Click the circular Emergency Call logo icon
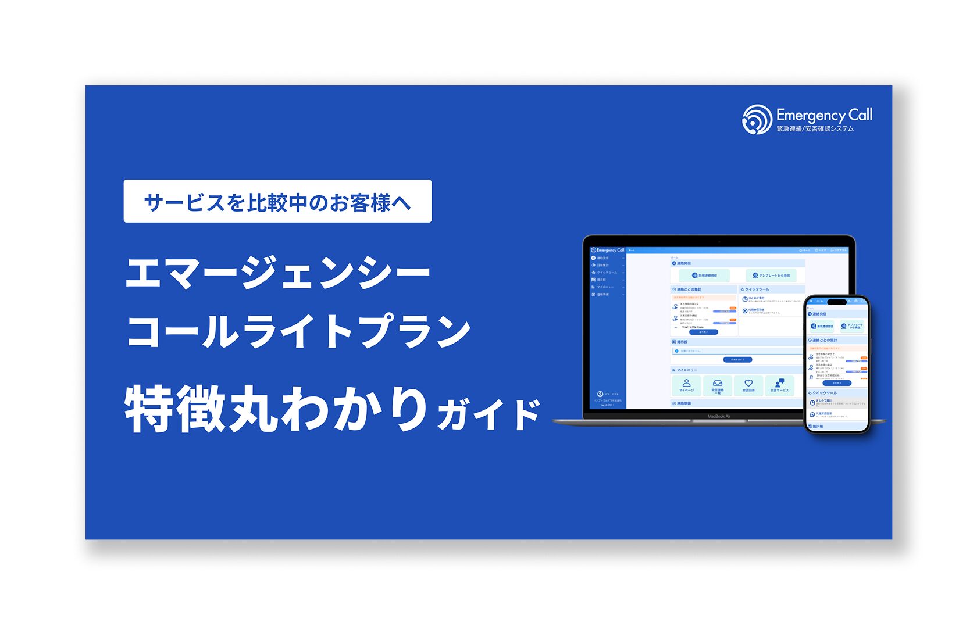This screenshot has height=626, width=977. pyautogui.click(x=757, y=120)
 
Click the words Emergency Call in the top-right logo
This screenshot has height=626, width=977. pyautogui.click(x=824, y=115)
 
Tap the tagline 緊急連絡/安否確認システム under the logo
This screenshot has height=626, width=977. pyautogui.click(x=815, y=129)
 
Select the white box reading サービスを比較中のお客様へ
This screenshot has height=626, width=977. pyautogui.click(x=277, y=201)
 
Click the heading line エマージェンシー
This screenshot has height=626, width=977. pyautogui.click(x=277, y=273)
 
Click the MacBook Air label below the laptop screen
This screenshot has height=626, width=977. pyautogui.click(x=719, y=416)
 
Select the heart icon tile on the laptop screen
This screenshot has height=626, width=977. pyautogui.click(x=748, y=385)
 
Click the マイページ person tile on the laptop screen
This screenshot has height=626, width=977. pyautogui.click(x=686, y=385)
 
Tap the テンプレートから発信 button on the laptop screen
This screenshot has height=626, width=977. pyautogui.click(x=771, y=276)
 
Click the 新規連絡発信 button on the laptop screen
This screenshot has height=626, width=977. pyautogui.click(x=704, y=276)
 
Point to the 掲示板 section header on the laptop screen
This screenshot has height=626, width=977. pyautogui.click(x=681, y=342)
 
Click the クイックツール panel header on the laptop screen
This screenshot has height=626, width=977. pyautogui.click(x=756, y=289)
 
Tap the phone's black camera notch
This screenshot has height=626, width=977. pyautogui.click(x=836, y=302)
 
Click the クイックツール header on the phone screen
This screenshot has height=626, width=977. pyautogui.click(x=825, y=393)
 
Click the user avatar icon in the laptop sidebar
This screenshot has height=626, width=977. pyautogui.click(x=600, y=394)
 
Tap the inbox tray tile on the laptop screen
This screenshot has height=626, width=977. pyautogui.click(x=718, y=385)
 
